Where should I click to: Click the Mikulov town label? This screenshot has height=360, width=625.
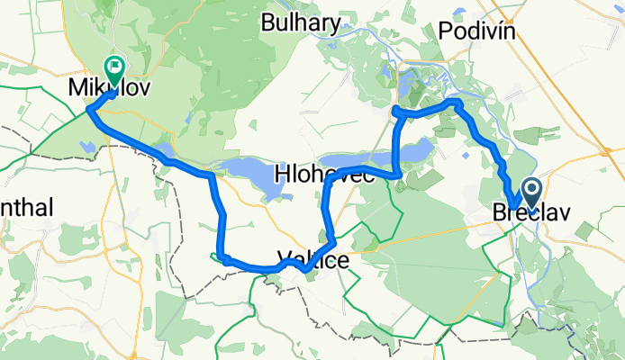tap(109, 88)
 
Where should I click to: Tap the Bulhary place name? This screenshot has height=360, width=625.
tap(301, 23)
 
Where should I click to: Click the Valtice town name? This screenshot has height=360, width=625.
tap(313, 256)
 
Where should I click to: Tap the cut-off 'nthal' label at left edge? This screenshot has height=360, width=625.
tap(26, 208)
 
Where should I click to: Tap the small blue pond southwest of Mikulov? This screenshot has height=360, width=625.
tap(86, 145)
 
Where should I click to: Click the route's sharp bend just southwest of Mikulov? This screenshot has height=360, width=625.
tap(89, 110)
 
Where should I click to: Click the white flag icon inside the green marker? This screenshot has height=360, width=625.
tap(115, 65)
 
